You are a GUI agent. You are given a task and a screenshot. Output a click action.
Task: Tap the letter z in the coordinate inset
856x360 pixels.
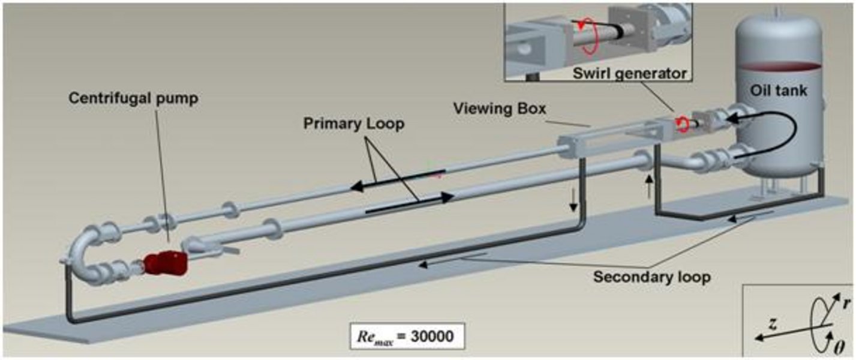[774, 325]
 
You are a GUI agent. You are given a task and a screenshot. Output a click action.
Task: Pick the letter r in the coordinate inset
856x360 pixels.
[846, 304]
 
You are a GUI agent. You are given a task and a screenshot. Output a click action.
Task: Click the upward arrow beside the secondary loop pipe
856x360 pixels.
[647, 187]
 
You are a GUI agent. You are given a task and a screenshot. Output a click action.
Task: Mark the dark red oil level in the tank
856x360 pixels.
[779, 65]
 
